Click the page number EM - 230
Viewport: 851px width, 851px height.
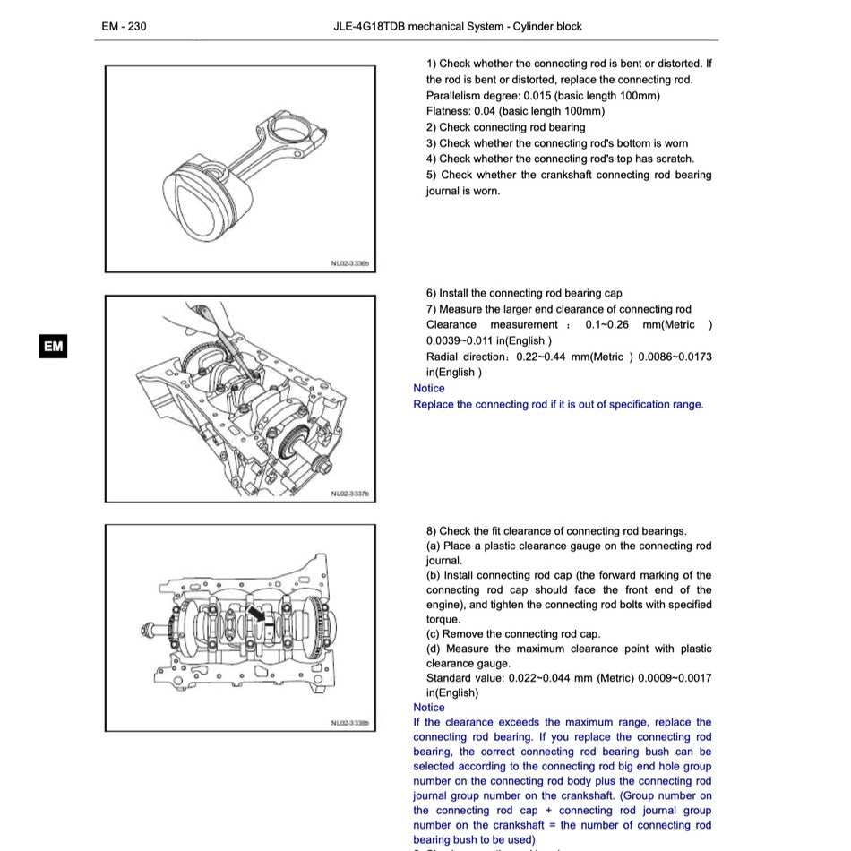point(124,26)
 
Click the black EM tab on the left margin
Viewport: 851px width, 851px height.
point(54,347)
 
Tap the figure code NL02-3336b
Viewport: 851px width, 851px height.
point(349,264)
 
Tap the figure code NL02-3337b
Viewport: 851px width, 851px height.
point(349,493)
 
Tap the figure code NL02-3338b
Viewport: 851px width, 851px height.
point(349,723)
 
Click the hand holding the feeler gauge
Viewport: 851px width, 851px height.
point(206,317)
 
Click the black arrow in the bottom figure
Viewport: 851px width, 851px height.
point(258,614)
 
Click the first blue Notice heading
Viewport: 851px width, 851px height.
point(428,388)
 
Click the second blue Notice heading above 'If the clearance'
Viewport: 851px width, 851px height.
point(428,707)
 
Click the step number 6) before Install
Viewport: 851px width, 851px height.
point(431,293)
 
